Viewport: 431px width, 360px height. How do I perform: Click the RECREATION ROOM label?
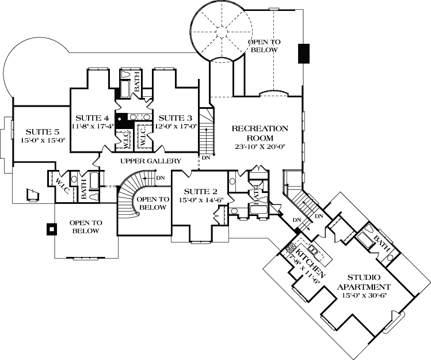point(260,133)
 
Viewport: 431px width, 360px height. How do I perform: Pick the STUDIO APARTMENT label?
point(364,282)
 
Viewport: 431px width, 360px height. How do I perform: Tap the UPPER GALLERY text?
point(151,161)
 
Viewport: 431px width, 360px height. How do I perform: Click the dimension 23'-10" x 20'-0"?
point(260,146)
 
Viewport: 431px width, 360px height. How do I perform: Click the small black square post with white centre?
point(51,229)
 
